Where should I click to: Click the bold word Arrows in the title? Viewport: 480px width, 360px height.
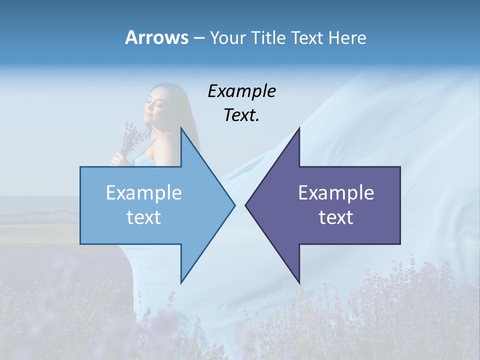coord(156,38)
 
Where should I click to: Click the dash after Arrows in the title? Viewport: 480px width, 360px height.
coord(198,38)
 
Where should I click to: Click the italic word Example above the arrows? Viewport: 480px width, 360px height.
coord(241,91)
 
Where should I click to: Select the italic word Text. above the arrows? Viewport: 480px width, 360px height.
coord(241,115)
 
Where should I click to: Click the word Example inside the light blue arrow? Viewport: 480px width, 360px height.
coord(144,193)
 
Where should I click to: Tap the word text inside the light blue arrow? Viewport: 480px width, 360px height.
coord(144,217)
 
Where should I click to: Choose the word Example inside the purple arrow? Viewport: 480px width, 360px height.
coord(336,193)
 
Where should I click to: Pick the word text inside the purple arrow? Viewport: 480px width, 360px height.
coord(336,217)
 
